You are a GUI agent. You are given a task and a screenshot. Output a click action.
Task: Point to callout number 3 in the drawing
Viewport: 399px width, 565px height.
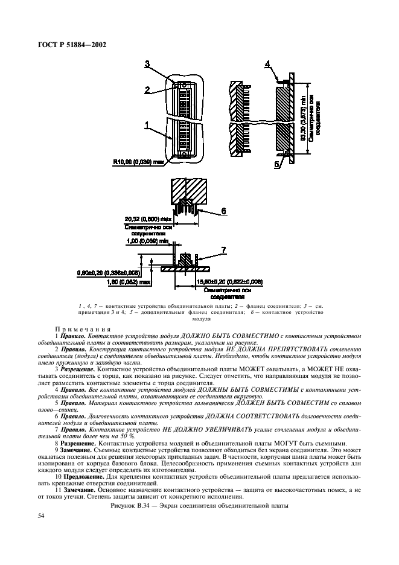click(x=147, y=64)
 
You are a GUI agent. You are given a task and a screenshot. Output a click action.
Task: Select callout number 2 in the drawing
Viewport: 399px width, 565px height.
click(x=147, y=90)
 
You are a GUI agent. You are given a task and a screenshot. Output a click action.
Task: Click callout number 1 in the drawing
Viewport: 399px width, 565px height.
click(x=147, y=125)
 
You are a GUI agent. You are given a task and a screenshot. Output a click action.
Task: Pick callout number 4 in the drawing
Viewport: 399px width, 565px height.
click(x=268, y=64)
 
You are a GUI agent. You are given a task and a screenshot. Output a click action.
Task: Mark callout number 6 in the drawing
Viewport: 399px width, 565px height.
click(x=223, y=211)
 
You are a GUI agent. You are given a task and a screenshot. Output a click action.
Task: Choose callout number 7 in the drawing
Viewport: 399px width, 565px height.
click(x=223, y=250)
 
